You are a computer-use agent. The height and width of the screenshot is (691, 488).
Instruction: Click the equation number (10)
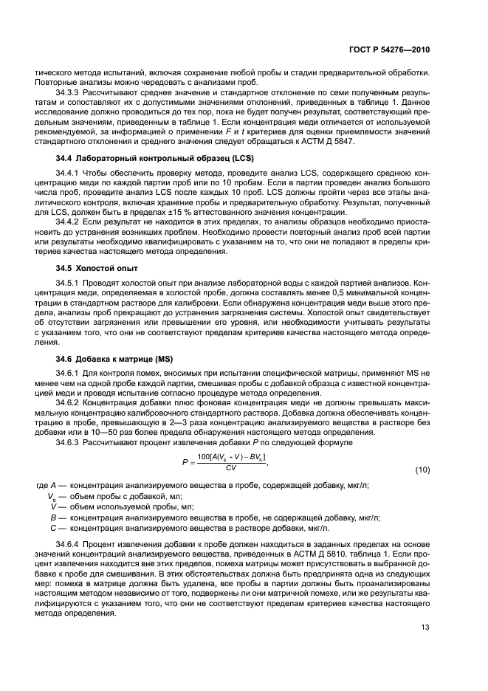(x=422, y=470)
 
